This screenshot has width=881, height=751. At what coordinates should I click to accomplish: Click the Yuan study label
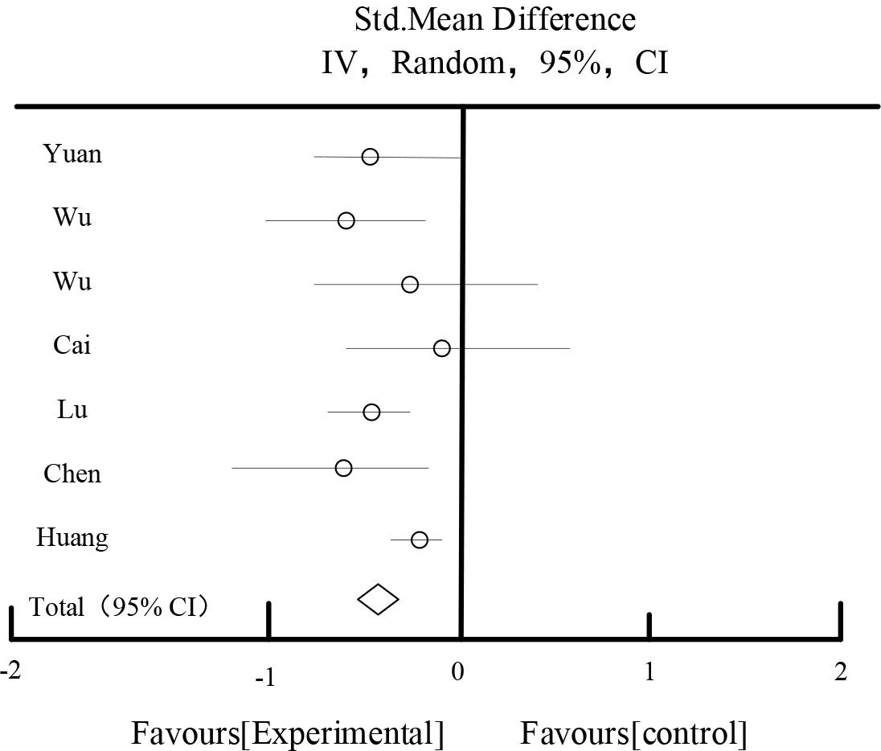pos(72,153)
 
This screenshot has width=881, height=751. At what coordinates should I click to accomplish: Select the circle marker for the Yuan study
pos(370,157)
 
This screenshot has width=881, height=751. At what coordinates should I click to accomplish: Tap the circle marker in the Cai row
pos(441,348)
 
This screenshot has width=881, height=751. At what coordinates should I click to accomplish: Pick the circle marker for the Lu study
pos(371,412)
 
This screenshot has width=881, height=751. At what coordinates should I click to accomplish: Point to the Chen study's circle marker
pos(343,468)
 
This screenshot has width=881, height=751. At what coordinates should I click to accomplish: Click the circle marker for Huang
pos(419,540)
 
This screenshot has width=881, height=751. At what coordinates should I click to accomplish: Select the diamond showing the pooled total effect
pos(378,599)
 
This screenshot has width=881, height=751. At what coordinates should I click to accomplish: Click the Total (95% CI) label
pos(120,606)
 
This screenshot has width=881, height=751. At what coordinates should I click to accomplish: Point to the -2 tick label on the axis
pos(10,671)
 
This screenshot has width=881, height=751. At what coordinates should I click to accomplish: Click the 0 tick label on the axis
pos(457,671)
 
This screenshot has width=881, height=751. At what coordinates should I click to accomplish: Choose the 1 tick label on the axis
pos(649,671)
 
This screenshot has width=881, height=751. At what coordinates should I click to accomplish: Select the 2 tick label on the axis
pos(840,671)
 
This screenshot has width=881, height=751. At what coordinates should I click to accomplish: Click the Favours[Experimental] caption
pos(287,733)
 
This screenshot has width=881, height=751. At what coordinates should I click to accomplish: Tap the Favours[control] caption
pos(633,733)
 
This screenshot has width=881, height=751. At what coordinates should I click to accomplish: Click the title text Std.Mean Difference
pos(494,19)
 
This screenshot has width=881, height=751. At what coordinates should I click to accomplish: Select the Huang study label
pos(72,537)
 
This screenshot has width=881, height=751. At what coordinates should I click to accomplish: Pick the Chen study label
pos(72,474)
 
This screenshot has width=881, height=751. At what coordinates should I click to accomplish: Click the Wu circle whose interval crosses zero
pos(410,284)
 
